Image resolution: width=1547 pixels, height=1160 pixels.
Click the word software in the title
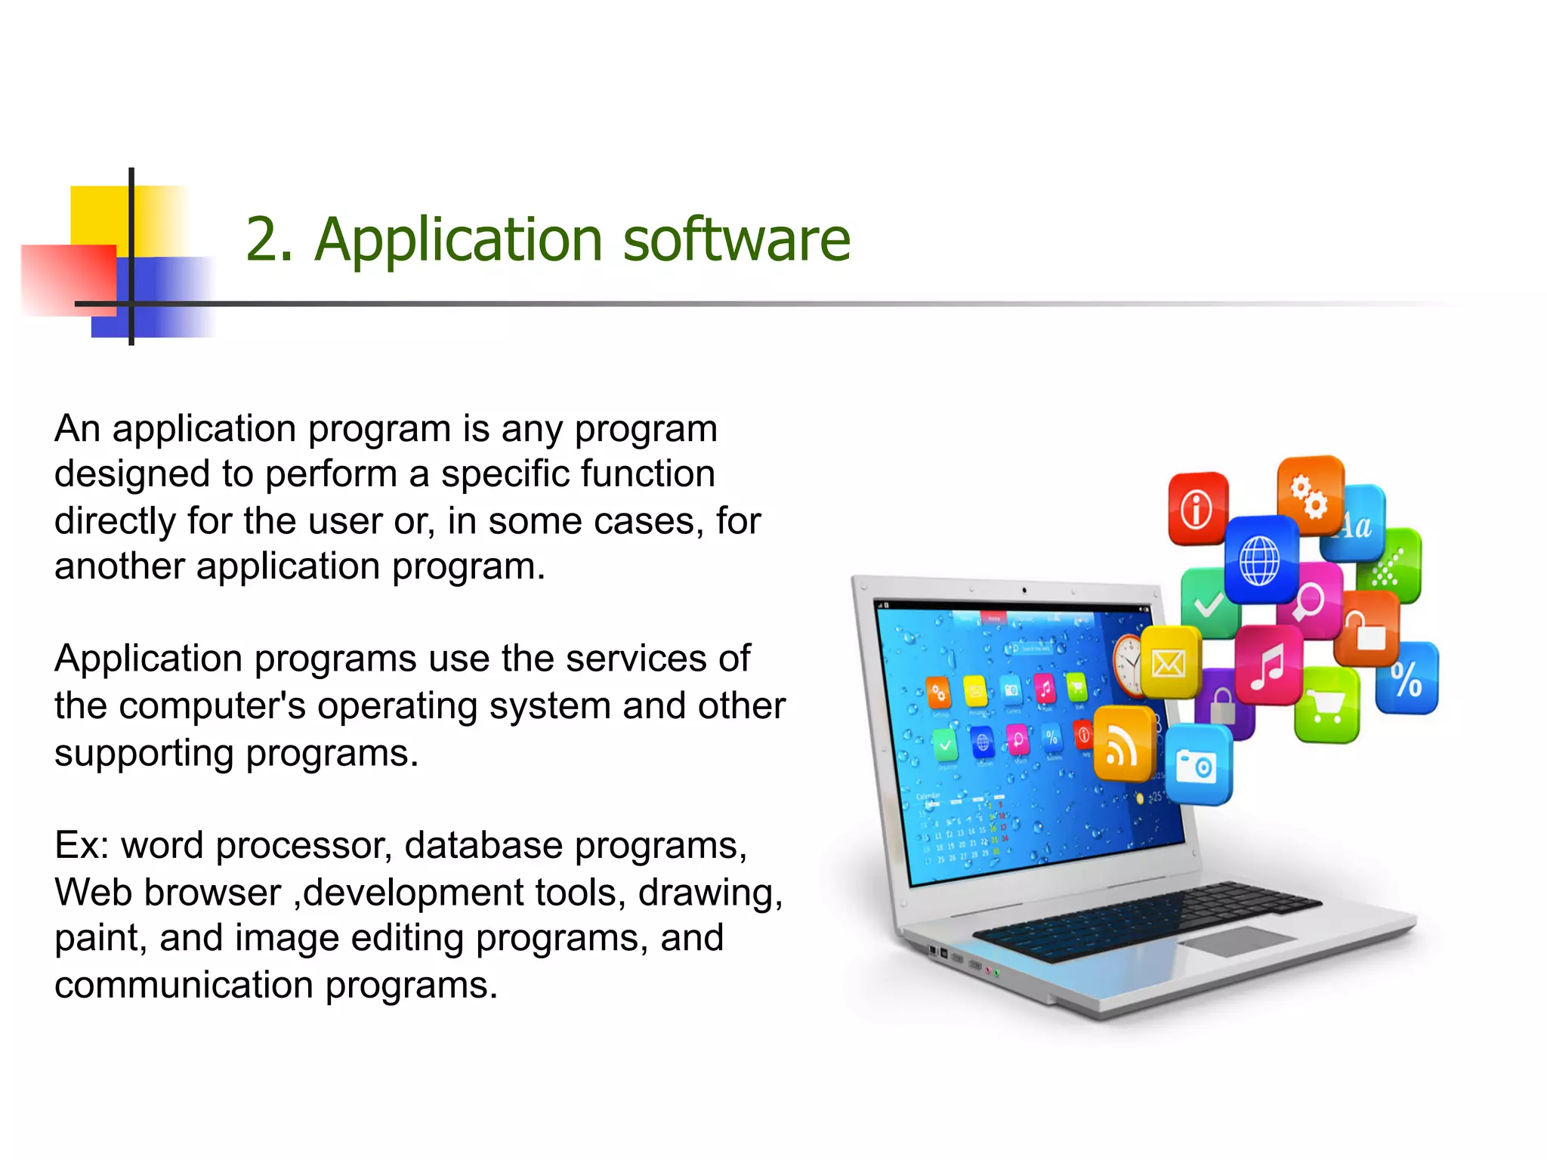[736, 239]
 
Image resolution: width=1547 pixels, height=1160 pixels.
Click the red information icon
[1197, 507]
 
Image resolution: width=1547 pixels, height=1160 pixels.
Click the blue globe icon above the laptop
[1260, 560]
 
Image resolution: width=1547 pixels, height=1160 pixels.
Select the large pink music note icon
[1268, 665]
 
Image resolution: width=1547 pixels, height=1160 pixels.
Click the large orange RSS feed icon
[1123, 745]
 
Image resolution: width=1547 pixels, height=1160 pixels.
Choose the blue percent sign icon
[1407, 678]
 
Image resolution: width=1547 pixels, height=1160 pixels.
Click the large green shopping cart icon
[1327, 705]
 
